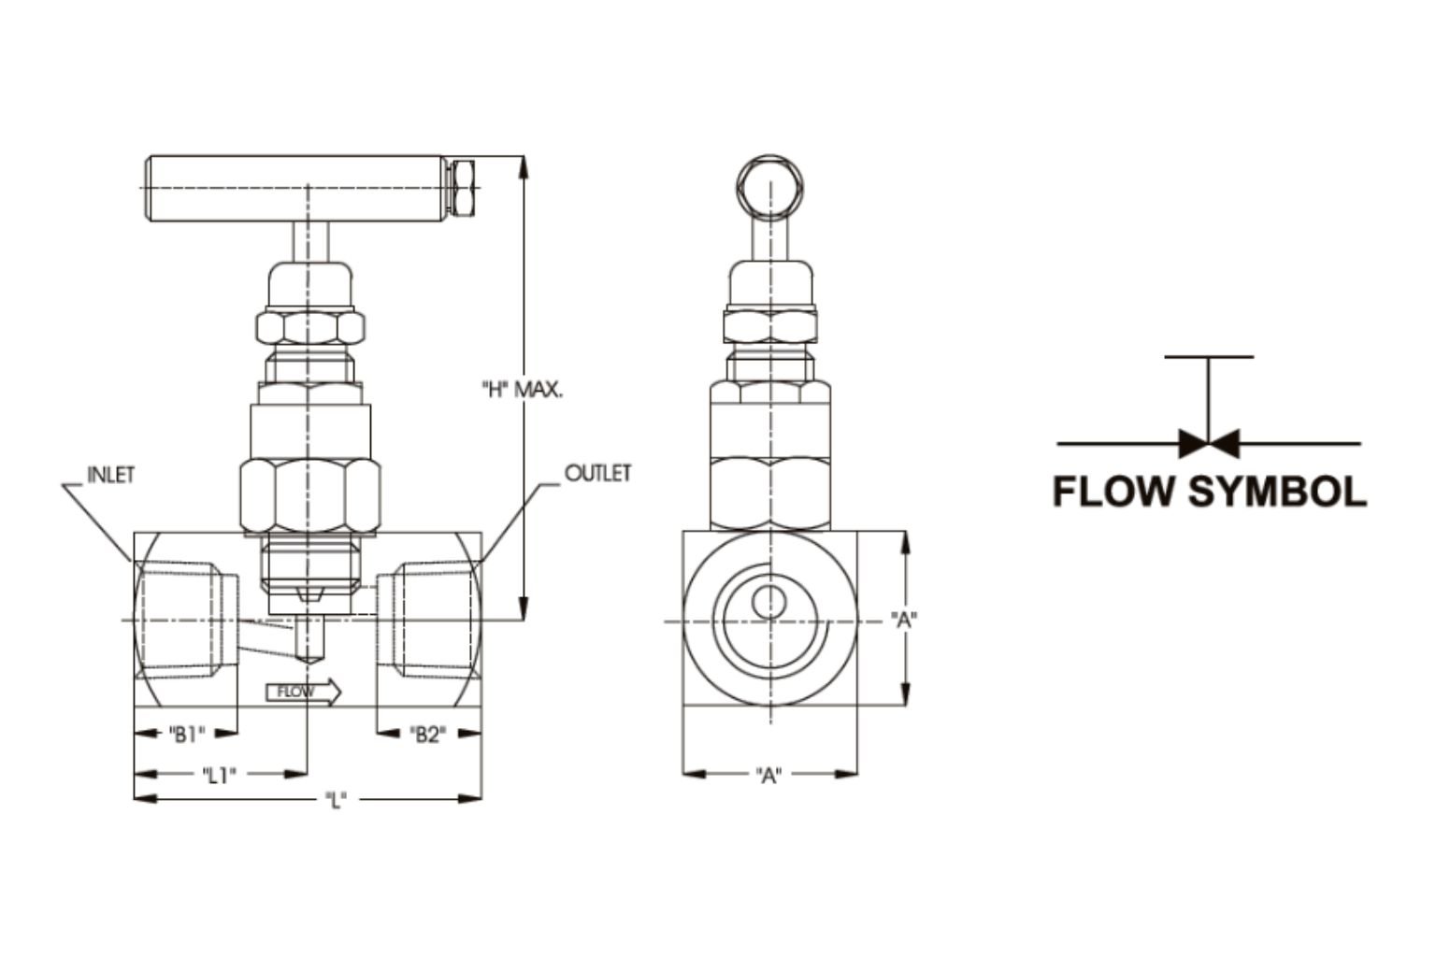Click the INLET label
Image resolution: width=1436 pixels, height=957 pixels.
(x=111, y=475)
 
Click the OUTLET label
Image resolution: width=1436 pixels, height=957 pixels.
(x=597, y=473)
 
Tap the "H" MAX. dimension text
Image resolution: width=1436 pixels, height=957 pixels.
(x=522, y=390)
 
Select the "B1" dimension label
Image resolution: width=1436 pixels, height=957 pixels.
(x=186, y=735)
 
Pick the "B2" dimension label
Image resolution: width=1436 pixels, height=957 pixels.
(x=427, y=735)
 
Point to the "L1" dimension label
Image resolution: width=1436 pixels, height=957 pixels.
(x=219, y=775)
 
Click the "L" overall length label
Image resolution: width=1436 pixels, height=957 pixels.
(x=336, y=800)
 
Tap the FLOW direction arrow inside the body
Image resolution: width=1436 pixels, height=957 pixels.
(x=304, y=693)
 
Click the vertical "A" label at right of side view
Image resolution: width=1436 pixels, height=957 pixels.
(x=903, y=619)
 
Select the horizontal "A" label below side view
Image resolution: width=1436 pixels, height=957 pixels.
(x=768, y=775)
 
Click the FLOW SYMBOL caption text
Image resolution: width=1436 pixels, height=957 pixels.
(x=1210, y=492)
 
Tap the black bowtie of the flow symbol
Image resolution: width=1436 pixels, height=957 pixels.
(x=1209, y=443)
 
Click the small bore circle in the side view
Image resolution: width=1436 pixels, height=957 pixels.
(x=769, y=602)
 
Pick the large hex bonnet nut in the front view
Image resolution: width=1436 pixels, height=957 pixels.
(x=309, y=495)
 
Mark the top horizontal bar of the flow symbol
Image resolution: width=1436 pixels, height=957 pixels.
(x=1209, y=357)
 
